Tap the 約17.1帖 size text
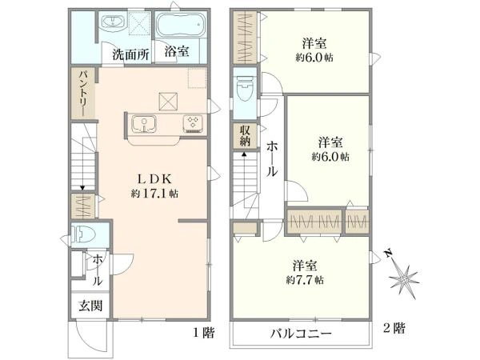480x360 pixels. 154,194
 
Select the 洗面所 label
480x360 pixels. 130,54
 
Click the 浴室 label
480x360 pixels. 177,51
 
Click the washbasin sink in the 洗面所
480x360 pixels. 113,23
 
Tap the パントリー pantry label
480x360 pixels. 83,93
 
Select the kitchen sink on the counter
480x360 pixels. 144,124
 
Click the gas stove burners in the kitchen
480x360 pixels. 193,123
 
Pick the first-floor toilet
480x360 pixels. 82,235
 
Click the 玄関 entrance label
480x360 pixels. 90,306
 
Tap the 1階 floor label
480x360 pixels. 203,333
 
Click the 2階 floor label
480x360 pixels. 394,329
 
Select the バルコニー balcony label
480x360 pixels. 301,334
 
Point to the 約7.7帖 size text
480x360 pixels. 305,280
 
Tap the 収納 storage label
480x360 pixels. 245,136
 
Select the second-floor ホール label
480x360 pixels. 271,159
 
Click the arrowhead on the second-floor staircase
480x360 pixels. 244,154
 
